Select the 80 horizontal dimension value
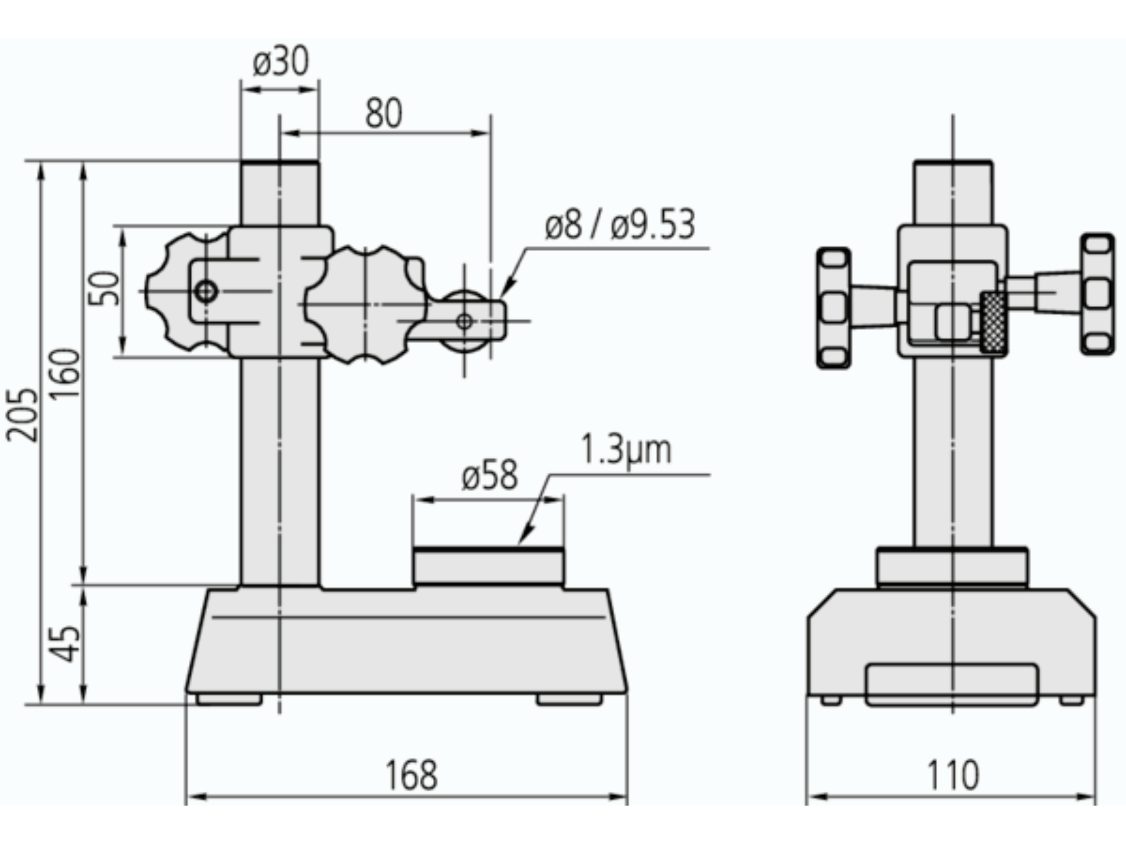[384, 114]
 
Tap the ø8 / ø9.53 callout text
[619, 225]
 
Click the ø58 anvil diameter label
[490, 476]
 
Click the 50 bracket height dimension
[104, 289]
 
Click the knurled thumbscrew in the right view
[993, 322]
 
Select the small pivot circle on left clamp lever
[206, 292]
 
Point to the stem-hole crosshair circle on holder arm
[464, 322]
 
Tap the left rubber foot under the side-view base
[230, 700]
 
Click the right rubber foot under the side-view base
[569, 700]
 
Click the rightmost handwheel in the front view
[1097, 294]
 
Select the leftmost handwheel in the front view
[833, 308]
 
